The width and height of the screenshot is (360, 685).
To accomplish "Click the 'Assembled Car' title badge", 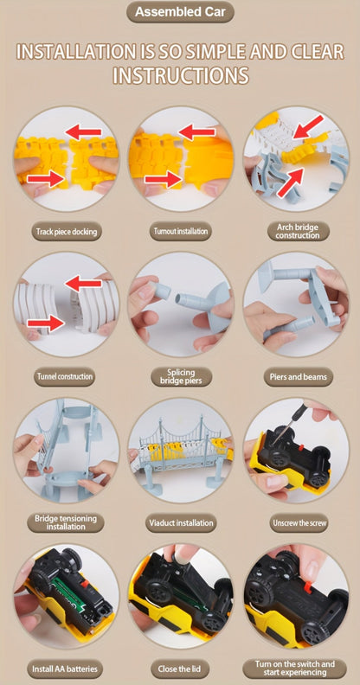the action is (180, 12).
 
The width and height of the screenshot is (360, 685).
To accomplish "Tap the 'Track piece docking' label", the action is (67, 232).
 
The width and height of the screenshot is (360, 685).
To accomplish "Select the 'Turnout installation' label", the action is (180, 231).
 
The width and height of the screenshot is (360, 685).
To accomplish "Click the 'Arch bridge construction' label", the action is (297, 231).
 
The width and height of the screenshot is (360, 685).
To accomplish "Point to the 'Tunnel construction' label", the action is (64, 376).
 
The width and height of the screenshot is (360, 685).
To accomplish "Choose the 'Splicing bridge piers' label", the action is (181, 376).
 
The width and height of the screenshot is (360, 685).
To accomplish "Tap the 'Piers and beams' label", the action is (298, 376).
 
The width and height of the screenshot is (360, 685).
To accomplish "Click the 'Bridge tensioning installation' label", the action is (66, 522).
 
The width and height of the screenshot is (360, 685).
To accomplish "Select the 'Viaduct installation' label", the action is (181, 522).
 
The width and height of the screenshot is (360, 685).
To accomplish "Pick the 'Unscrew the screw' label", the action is (299, 522).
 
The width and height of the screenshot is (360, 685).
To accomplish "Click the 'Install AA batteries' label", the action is (65, 669).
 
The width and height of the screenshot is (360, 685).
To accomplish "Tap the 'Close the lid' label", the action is (181, 669).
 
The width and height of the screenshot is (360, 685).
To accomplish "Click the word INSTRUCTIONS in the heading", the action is (181, 74).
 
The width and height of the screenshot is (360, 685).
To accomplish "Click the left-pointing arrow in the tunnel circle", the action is (83, 284).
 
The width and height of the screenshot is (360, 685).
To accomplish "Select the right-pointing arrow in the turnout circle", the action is (162, 179).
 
